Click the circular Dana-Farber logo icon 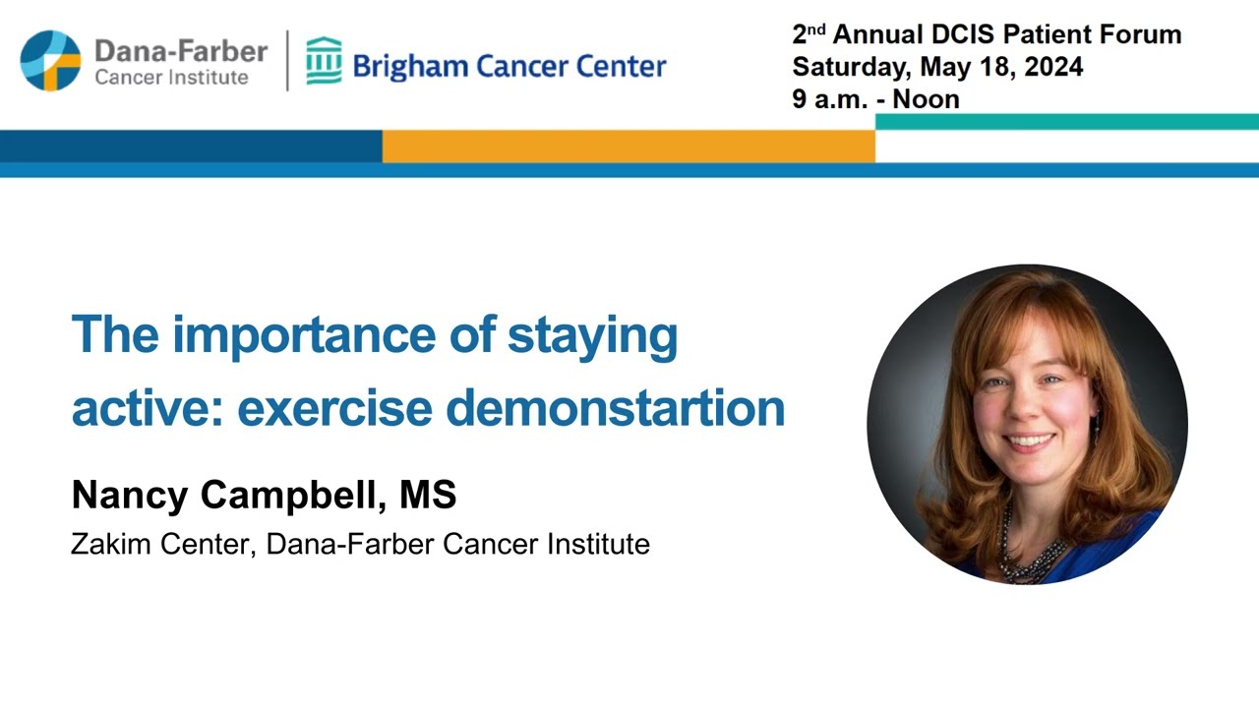50,61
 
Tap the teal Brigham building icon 324,61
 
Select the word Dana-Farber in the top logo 181,51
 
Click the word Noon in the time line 927,99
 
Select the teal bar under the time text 1066,122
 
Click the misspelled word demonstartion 630,408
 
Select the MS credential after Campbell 428,496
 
